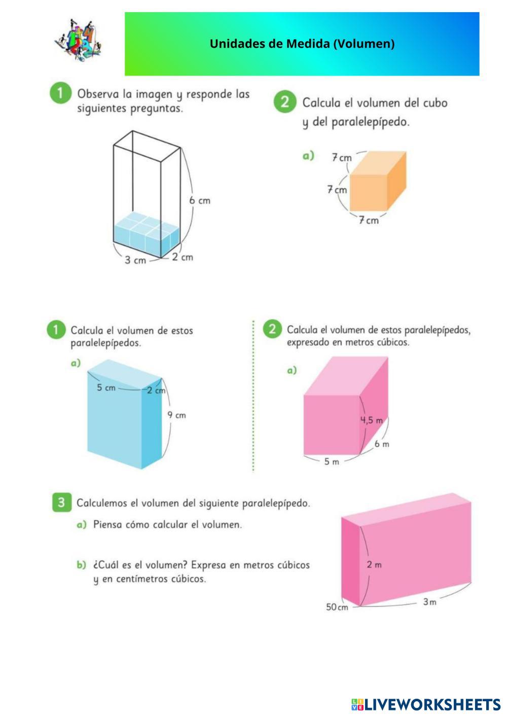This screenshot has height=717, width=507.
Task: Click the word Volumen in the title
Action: (364, 44)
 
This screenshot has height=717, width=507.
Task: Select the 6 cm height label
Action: (200, 201)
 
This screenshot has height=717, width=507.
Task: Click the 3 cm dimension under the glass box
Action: (135, 260)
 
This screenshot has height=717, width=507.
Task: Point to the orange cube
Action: (378, 181)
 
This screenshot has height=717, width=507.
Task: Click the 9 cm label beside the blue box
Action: (176, 415)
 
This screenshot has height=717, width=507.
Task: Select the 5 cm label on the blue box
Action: (106, 387)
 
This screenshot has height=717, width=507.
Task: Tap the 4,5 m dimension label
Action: (371, 420)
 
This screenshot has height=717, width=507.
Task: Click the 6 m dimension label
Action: (382, 444)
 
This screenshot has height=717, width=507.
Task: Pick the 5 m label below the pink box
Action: (332, 461)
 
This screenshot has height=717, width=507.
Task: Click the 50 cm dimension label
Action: (337, 607)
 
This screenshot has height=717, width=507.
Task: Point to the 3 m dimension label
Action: (429, 602)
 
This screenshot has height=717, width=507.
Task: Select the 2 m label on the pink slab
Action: (374, 564)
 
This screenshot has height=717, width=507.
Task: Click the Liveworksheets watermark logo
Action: (426, 704)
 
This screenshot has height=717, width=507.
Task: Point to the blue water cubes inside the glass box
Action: (147, 234)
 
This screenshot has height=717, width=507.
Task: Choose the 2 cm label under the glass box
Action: (183, 257)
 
